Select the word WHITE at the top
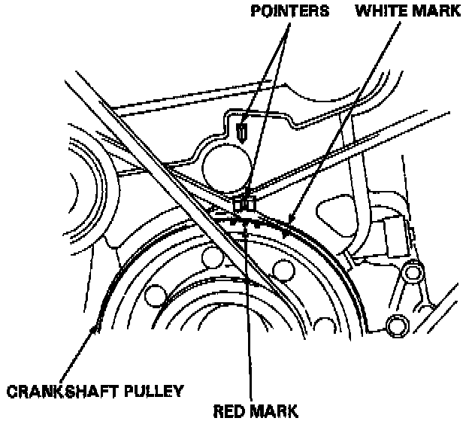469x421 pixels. pyautogui.click(x=377, y=12)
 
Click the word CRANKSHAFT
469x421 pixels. pyautogui.click(x=56, y=392)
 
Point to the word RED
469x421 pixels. pyautogui.click(x=232, y=410)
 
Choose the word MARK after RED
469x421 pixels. pyautogui.click(x=274, y=410)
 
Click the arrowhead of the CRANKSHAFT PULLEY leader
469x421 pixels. pyautogui.click(x=93, y=329)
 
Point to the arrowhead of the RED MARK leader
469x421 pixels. pyautogui.click(x=246, y=227)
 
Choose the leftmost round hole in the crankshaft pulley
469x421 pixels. pyautogui.click(x=156, y=295)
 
